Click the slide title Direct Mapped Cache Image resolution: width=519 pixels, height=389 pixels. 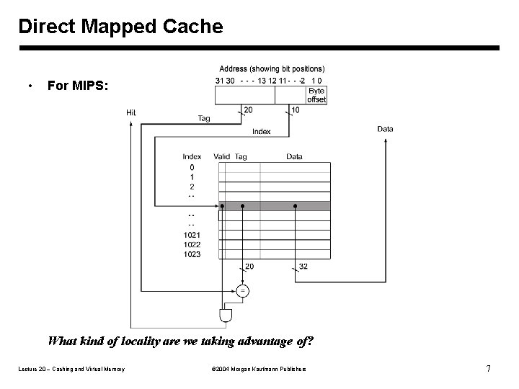pos(120,27)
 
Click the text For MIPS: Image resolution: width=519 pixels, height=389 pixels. pos(78,86)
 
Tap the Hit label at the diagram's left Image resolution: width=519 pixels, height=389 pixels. pos(131,112)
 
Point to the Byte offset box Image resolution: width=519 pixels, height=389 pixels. pos(316,95)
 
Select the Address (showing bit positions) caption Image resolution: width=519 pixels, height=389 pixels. pos(272,69)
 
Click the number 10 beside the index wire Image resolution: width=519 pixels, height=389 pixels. pos(296,110)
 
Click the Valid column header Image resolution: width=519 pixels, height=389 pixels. pos(221,156)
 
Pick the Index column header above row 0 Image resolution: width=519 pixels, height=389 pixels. pos(192,156)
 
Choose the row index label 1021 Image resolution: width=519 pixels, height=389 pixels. pos(192,235)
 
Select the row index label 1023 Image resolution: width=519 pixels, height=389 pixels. pos(192,254)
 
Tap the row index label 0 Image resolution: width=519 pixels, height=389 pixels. pos(192,167)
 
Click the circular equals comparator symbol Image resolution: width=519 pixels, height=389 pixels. pos(243,291)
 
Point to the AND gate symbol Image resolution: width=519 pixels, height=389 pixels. pos(225,316)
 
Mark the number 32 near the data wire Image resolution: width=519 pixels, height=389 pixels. pos(303,267)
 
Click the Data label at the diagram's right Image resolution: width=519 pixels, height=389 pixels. pos(385,129)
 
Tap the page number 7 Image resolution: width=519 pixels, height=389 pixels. pos(489,369)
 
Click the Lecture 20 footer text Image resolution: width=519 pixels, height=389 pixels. pos(71,370)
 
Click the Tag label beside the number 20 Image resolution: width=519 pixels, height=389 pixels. pos(204,119)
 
